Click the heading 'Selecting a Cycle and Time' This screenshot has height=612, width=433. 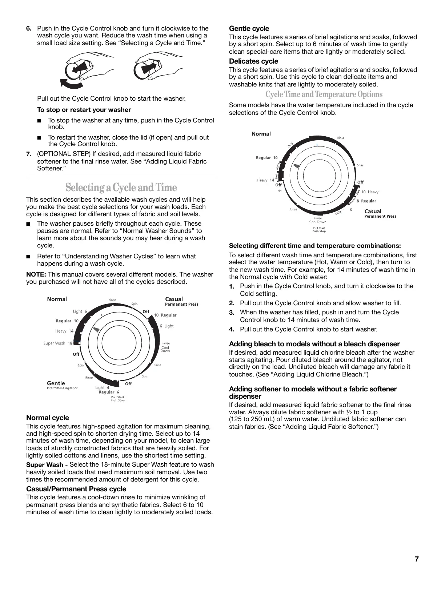pos(121,188)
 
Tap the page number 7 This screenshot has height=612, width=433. pos(417,559)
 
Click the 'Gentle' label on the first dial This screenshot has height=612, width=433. pos(56,383)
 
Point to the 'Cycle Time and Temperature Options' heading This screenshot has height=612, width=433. pos(324,94)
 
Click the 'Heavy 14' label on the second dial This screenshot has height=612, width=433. pos(265,180)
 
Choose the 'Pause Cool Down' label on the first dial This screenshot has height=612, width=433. pos(165,347)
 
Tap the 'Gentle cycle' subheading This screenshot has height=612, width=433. pos(249,28)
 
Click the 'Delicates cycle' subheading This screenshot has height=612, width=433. pos(253,61)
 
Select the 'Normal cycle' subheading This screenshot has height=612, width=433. pos(47,418)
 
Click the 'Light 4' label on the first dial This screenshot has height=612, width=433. pos(102,387)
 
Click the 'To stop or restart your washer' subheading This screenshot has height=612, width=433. pos(84,110)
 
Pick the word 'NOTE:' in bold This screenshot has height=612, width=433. pos(36,274)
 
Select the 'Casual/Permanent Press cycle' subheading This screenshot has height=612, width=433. pos(76,489)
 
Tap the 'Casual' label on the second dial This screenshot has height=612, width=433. pos(373,211)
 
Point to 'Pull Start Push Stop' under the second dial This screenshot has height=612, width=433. pos(319,230)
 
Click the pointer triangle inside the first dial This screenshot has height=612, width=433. pos(96,329)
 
